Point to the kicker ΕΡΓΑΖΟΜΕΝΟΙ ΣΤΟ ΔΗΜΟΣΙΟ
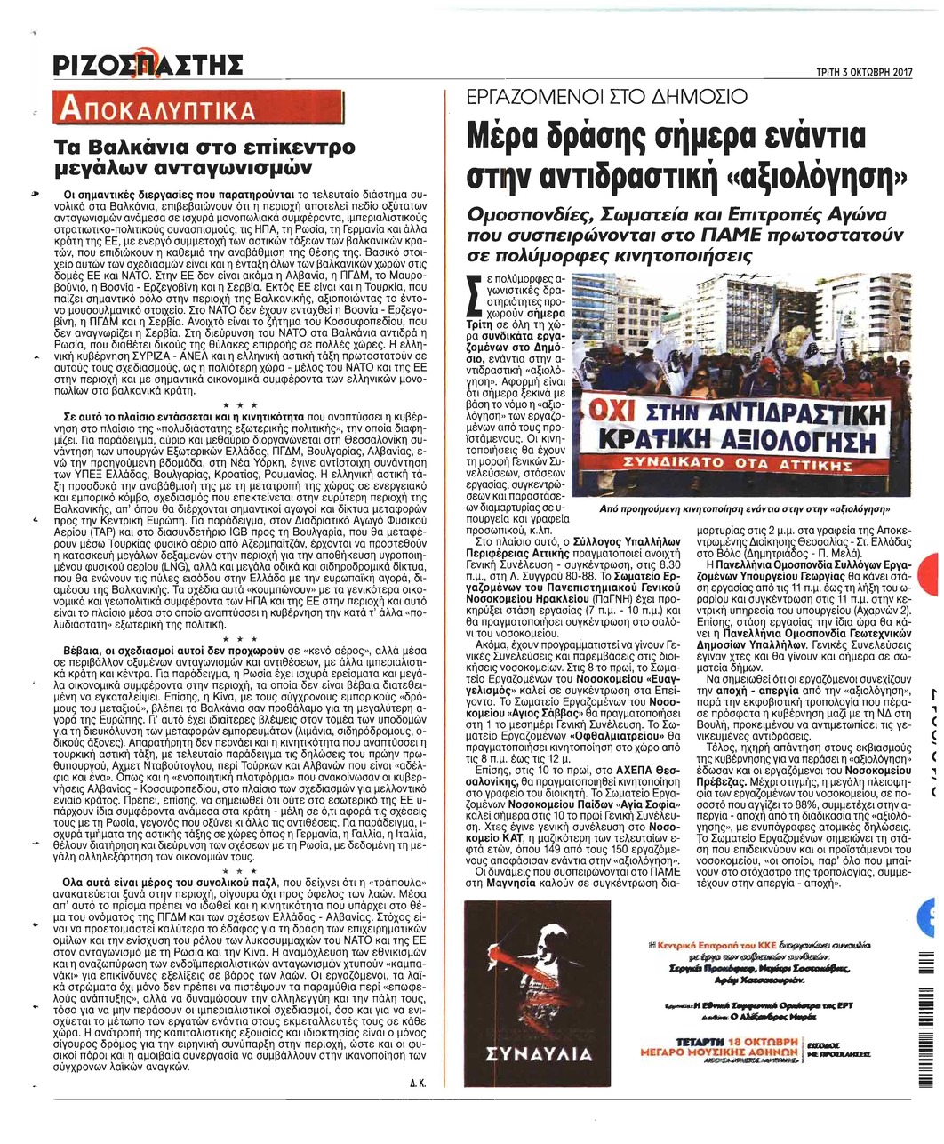click(607, 98)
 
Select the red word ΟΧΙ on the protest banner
click(611, 415)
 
